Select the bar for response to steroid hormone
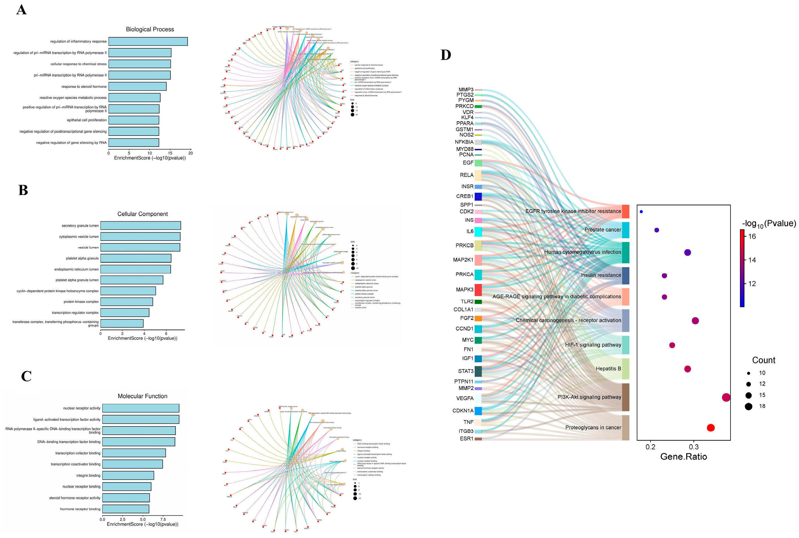pos(137,87)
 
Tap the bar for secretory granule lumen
pos(140,226)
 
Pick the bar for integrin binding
pos(128,475)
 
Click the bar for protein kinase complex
pos(126,302)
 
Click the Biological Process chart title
pos(150,29)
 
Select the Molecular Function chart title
pos(142,396)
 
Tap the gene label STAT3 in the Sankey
pos(466,371)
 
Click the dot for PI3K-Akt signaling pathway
pos(726,397)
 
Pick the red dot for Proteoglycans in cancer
pos(710,428)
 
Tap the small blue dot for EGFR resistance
pos(641,212)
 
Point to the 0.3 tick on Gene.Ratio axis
pos(694,447)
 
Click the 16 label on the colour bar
pos(752,236)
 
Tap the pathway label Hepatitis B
pos(608,369)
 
